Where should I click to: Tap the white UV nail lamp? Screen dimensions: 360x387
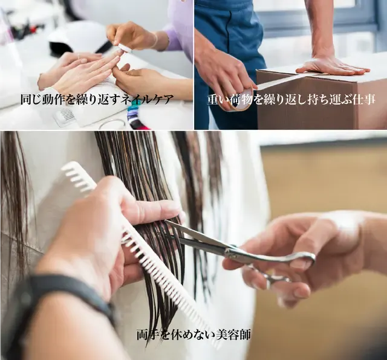tap(76, 36)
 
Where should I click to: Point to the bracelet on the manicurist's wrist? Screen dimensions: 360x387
tap(155, 41)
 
